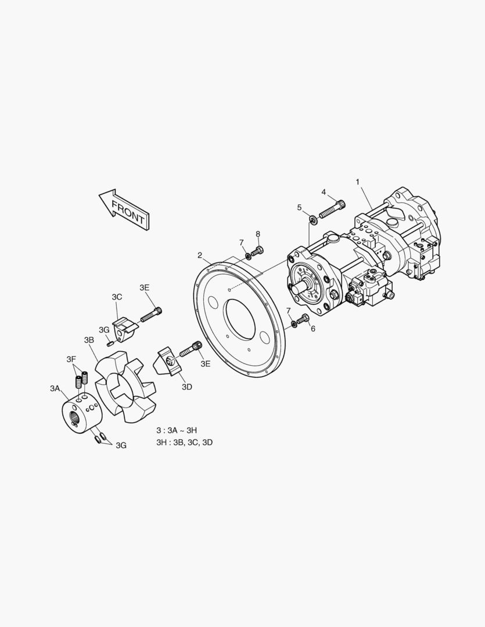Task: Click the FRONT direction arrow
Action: [x=124, y=210]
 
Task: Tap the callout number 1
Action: [x=357, y=182]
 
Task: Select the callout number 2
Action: [x=200, y=255]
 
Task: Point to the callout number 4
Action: [x=324, y=192]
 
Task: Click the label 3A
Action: [x=55, y=388]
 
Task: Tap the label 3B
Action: [x=89, y=340]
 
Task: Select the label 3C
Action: [x=117, y=297]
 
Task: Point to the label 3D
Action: [x=187, y=387]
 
